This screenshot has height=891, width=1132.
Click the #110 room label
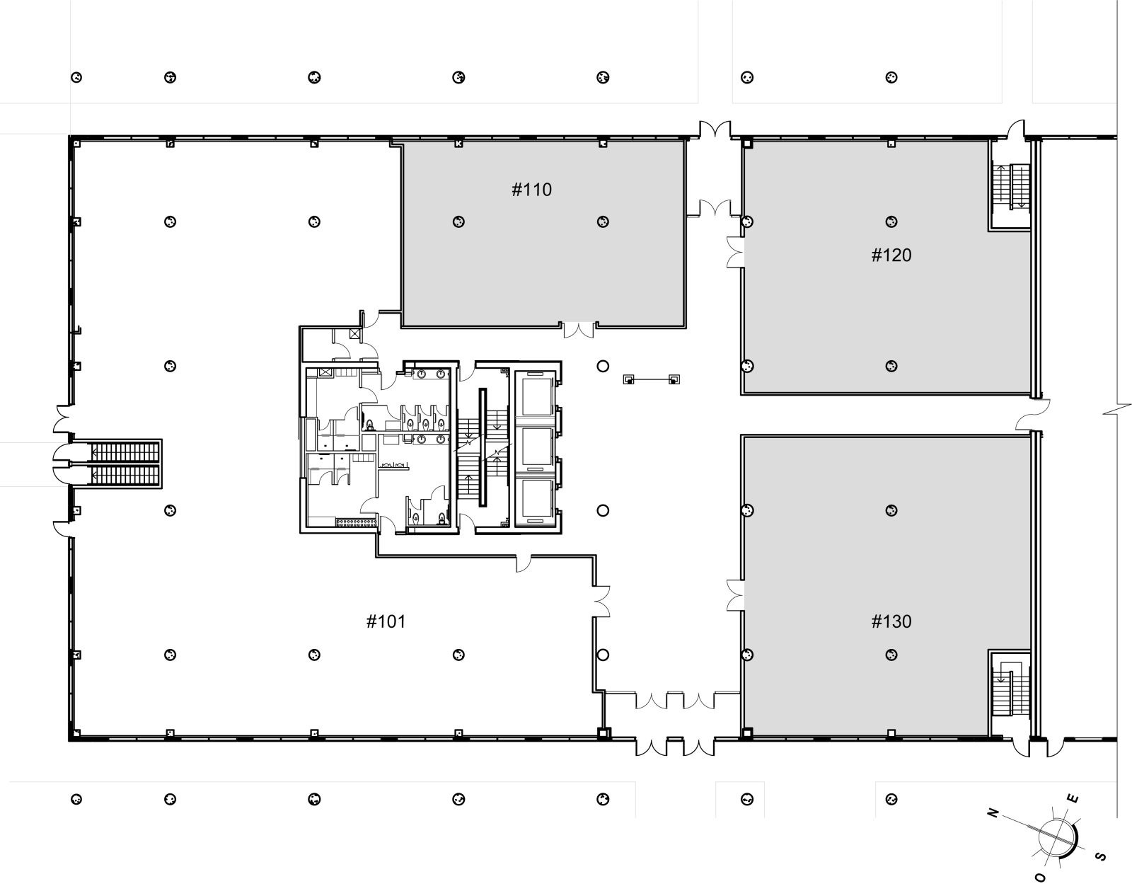pyautogui.click(x=532, y=190)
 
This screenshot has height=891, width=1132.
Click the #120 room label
pyautogui.click(x=891, y=255)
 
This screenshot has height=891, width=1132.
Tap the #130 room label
pyautogui.click(x=891, y=621)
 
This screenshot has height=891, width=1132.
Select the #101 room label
pyautogui.click(x=386, y=621)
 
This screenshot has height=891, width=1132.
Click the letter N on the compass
pyautogui.click(x=993, y=812)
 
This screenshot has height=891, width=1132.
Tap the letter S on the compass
pyautogui.click(x=1100, y=856)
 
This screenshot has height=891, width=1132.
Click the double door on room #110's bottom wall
pyautogui.click(x=578, y=330)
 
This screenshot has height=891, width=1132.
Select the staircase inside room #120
pyautogui.click(x=1010, y=187)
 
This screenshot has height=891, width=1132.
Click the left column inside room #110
pyautogui.click(x=458, y=222)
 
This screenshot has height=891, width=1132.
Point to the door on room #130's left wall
pyautogui.click(x=735, y=595)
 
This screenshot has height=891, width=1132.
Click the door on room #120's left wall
pyautogui.click(x=735, y=253)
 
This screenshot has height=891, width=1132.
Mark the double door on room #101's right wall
pyautogui.click(x=602, y=601)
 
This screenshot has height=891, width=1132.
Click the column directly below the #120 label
pyautogui.click(x=891, y=366)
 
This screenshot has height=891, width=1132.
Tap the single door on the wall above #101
pyautogui.click(x=523, y=563)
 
